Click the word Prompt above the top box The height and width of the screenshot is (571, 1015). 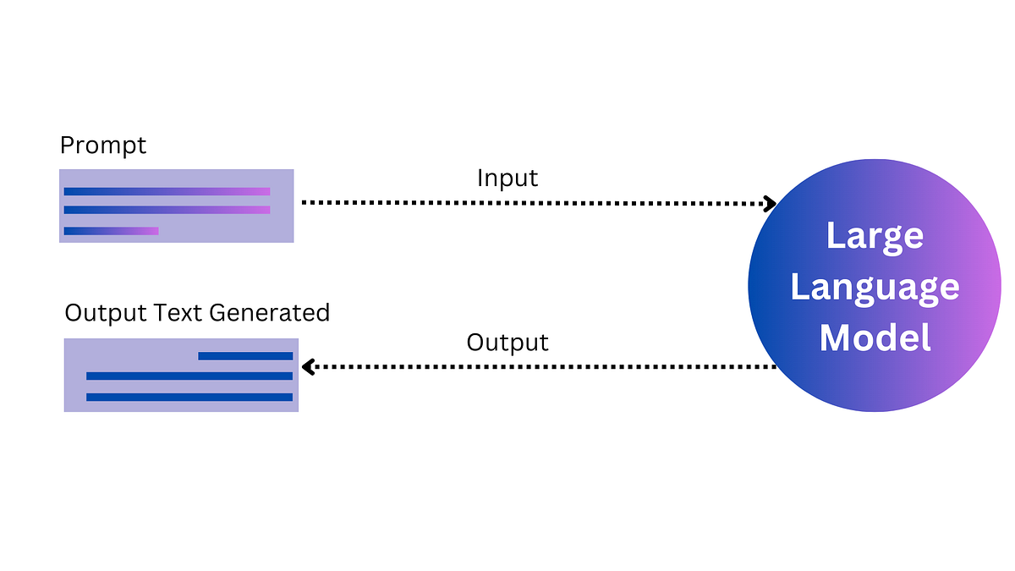tap(102, 146)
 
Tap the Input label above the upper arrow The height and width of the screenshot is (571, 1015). tap(507, 178)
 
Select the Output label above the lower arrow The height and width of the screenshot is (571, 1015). tap(507, 343)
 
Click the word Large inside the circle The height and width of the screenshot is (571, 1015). tap(875, 236)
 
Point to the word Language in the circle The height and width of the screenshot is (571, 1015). tap(875, 288)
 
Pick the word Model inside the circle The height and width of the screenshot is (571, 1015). tap(875, 338)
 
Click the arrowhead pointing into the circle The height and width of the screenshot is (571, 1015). tap(770, 203)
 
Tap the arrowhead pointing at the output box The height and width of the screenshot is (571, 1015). tap(309, 367)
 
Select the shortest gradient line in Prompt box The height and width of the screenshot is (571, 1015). tap(111, 231)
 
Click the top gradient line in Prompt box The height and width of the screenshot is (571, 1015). tap(167, 191)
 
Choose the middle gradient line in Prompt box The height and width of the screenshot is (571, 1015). tap(167, 210)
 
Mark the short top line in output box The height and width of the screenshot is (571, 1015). tap(245, 356)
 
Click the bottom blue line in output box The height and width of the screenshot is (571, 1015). tap(189, 397)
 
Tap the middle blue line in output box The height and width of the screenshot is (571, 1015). tap(189, 376)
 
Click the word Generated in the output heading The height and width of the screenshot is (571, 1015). tap(269, 313)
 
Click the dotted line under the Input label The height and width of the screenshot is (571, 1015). tap(533, 203)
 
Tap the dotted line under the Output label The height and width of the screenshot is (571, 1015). tap(541, 367)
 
